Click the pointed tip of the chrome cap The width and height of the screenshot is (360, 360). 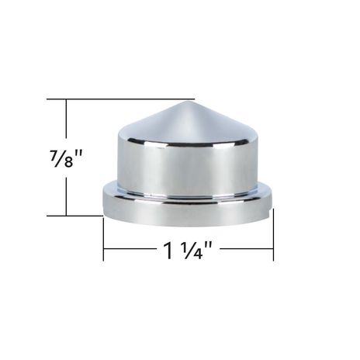pyautogui.click(x=187, y=101)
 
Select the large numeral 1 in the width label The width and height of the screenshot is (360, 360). pyautogui.click(x=169, y=250)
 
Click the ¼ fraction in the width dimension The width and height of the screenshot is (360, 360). pyautogui.click(x=192, y=250)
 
